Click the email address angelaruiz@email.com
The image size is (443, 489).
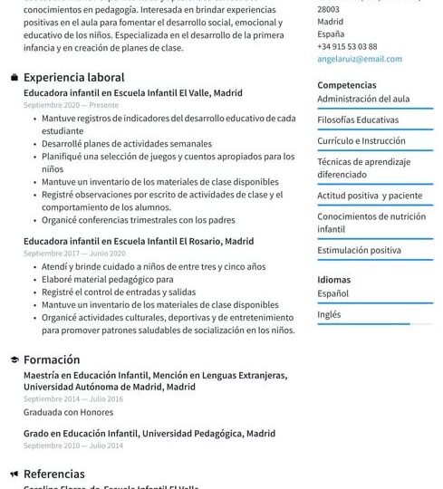[359, 59]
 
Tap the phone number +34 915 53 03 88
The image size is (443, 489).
[347, 46]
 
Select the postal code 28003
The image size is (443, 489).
[329, 8]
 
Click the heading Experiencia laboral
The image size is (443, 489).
[73, 78]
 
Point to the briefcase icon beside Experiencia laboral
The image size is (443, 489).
[14, 78]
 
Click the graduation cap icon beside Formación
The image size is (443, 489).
[14, 360]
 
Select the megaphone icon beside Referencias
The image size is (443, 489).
[14, 474]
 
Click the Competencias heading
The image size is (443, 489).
[347, 85]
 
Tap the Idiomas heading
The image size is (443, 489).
[333, 280]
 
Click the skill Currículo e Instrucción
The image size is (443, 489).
[361, 141]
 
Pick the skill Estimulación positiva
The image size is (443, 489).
[359, 250]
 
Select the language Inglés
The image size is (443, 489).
[329, 314]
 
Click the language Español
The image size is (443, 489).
[332, 293]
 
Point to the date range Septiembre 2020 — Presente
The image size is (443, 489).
[71, 105]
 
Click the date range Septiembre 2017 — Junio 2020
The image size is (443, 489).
[74, 254]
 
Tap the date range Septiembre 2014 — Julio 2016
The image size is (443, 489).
[72, 398]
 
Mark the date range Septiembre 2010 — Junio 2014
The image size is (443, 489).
[72, 446]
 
